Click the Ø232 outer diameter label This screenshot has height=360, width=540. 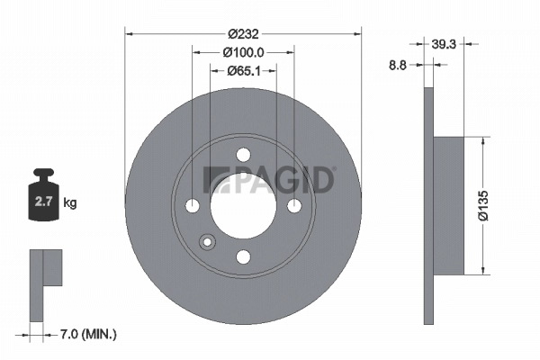click(x=242, y=34)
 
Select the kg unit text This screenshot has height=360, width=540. click(x=70, y=203)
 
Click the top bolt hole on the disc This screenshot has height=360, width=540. click(x=242, y=156)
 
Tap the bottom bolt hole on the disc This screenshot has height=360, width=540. click(x=242, y=256)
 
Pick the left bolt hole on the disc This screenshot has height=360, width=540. click(x=192, y=206)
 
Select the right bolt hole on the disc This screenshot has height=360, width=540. click(x=293, y=206)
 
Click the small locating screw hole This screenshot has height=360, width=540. click(x=207, y=240)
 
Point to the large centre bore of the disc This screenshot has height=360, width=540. click(x=242, y=206)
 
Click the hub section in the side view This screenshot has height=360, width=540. click(x=450, y=205)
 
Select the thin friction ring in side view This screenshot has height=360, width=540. click(x=428, y=205)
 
